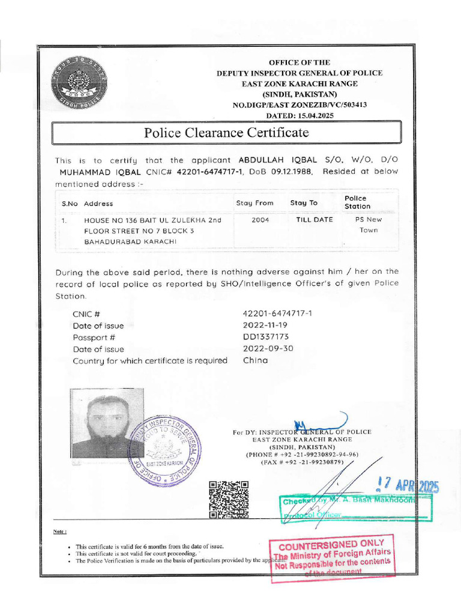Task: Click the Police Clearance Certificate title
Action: point(226,133)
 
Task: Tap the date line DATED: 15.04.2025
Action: point(300,115)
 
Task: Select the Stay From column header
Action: point(255,203)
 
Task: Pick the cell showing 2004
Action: point(260,220)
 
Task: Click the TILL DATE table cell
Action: point(314,220)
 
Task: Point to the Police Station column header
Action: point(357,202)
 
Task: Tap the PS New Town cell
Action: point(369,225)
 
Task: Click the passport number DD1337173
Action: point(266,337)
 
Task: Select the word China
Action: point(255,360)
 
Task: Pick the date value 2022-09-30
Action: point(268,349)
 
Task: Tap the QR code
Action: point(229,499)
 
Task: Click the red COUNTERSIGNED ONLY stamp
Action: point(333,558)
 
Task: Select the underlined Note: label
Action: point(59,532)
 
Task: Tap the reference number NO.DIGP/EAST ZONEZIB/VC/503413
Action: point(300,105)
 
